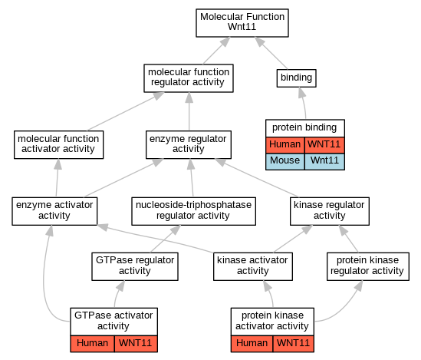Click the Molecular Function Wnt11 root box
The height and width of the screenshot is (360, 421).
point(242,23)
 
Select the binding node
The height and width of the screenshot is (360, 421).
point(297,78)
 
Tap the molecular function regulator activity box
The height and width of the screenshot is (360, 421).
point(189,78)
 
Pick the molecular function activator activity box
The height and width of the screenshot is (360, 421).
point(58,145)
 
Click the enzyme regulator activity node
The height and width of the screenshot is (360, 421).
point(189,145)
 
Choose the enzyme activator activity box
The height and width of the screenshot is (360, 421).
point(54,211)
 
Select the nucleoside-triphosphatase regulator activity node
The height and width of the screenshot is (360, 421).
point(193,211)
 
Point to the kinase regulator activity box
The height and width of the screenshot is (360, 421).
point(330,211)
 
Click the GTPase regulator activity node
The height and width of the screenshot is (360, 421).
point(135,266)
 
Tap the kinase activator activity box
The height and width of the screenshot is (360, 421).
point(253,266)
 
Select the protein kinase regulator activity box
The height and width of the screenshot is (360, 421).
point(368,266)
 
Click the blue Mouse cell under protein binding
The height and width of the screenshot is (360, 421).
point(285,161)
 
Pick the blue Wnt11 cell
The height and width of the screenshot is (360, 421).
point(324,161)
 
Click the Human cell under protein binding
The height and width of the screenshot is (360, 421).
point(285,145)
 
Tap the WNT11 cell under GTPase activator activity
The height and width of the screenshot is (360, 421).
point(136,344)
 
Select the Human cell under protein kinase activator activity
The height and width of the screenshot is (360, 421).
point(252,344)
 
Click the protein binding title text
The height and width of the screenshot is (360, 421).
point(304,127)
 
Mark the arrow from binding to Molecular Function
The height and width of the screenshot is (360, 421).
point(271,53)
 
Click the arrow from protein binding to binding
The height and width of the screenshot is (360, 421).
point(304,103)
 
